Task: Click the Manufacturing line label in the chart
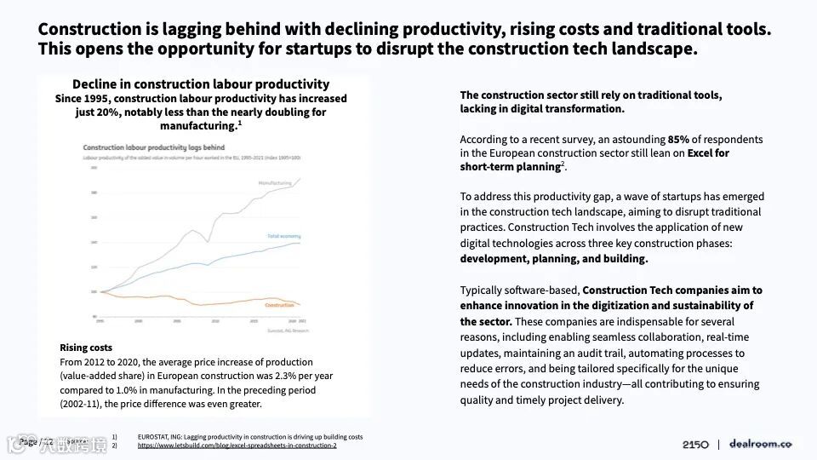point(276,182)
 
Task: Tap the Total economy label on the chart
point(283,235)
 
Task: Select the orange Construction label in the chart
point(279,305)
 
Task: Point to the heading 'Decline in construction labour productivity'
point(201,84)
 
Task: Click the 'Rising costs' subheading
point(86,348)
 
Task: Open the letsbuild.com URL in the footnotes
point(237,446)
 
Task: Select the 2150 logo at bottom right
point(695,444)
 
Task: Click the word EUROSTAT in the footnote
point(155,437)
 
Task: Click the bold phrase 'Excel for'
point(709,153)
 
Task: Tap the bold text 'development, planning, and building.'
point(554,258)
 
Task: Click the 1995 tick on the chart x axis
point(100,322)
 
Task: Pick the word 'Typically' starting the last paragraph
point(483,290)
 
